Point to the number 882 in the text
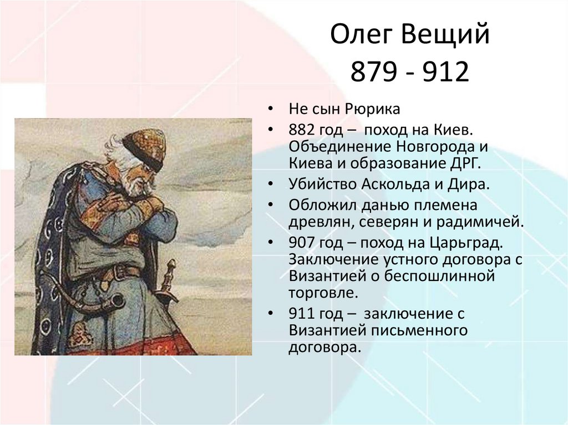pos(301,129)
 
